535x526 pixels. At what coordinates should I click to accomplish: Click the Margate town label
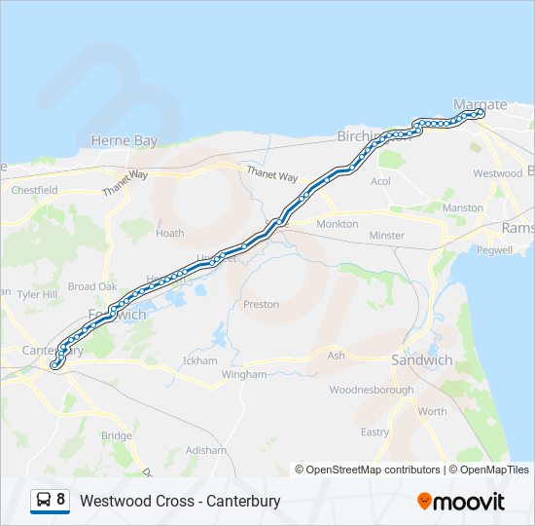pyautogui.click(x=481, y=104)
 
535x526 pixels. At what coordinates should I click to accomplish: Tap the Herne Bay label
pyautogui.click(x=124, y=141)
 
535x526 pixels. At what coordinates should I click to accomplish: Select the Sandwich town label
pyautogui.click(x=421, y=360)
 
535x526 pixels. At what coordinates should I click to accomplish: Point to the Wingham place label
pyautogui.click(x=244, y=374)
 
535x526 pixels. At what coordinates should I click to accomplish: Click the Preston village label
pyautogui.click(x=261, y=305)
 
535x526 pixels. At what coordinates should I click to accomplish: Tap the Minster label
pyautogui.click(x=386, y=236)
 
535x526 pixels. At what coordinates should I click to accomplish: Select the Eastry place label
pyautogui.click(x=374, y=432)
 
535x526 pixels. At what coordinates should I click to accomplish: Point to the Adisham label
pyautogui.click(x=206, y=451)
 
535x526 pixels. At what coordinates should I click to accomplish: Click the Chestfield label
pyautogui.click(x=34, y=190)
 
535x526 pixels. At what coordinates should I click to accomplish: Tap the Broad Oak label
pyautogui.click(x=92, y=287)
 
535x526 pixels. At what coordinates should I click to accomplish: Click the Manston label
pyautogui.click(x=462, y=208)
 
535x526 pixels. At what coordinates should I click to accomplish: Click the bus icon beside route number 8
pyautogui.click(x=43, y=501)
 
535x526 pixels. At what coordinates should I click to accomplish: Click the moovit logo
pyautogui.click(x=461, y=502)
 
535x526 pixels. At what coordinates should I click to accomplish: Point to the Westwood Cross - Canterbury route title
pyautogui.click(x=180, y=502)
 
